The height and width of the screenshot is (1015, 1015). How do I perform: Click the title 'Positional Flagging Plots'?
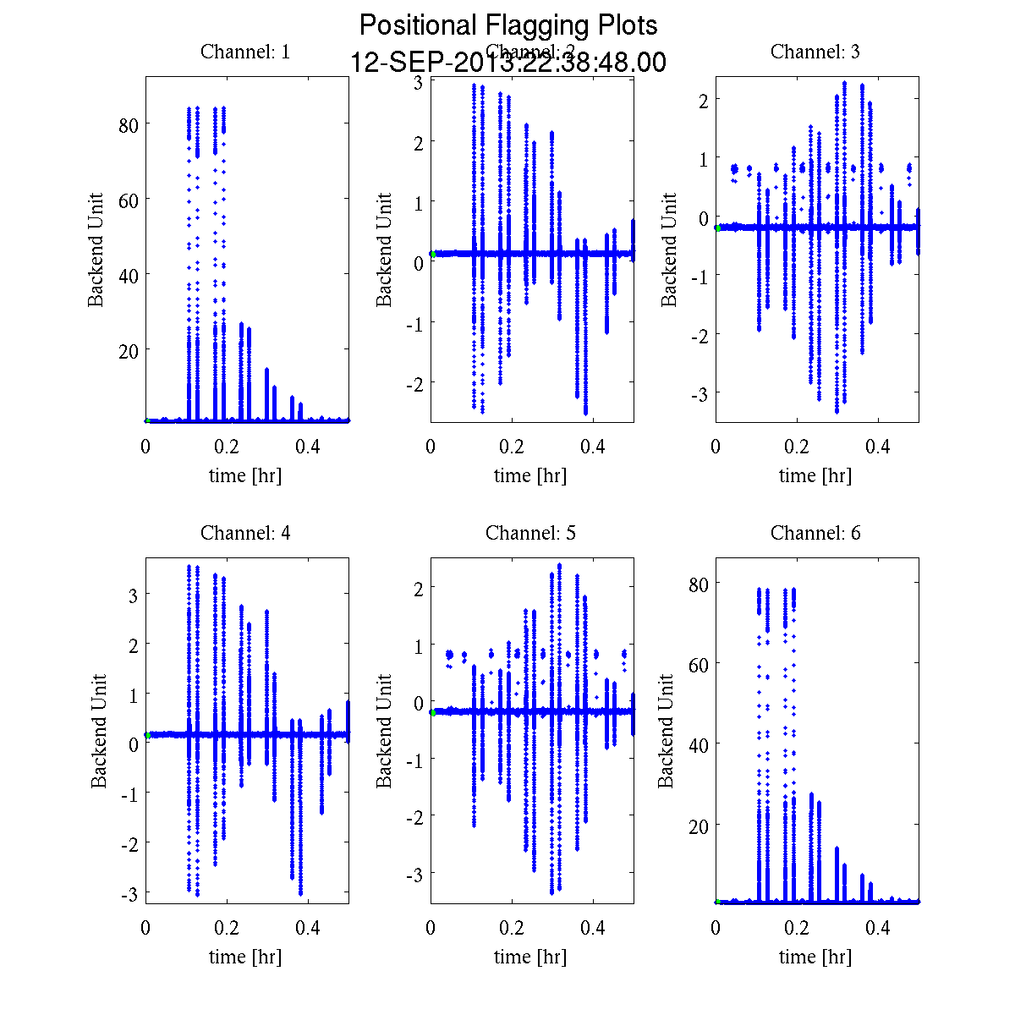tap(508, 25)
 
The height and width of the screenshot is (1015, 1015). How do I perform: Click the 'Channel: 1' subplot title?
tap(245, 52)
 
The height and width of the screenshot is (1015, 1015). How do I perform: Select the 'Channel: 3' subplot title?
tap(815, 52)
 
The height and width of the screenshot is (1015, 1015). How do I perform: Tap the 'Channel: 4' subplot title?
tap(245, 533)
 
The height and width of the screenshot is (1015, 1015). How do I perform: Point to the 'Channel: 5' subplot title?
tap(530, 533)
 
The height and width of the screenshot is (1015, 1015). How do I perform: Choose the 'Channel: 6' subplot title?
tap(815, 533)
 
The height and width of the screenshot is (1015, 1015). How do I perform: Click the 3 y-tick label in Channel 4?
tap(133, 595)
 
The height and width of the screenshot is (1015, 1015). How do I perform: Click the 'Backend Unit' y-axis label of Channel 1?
tap(96, 250)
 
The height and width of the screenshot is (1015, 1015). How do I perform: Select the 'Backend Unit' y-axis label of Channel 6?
tap(667, 732)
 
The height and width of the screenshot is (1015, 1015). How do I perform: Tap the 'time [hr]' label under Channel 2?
tap(530, 475)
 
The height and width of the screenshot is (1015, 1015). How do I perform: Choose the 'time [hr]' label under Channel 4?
tap(245, 957)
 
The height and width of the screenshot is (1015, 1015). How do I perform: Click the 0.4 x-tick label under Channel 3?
tap(878, 447)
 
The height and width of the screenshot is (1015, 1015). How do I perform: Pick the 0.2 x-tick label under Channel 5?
tap(512, 928)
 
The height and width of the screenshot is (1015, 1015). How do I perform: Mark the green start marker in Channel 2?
tap(433, 254)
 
